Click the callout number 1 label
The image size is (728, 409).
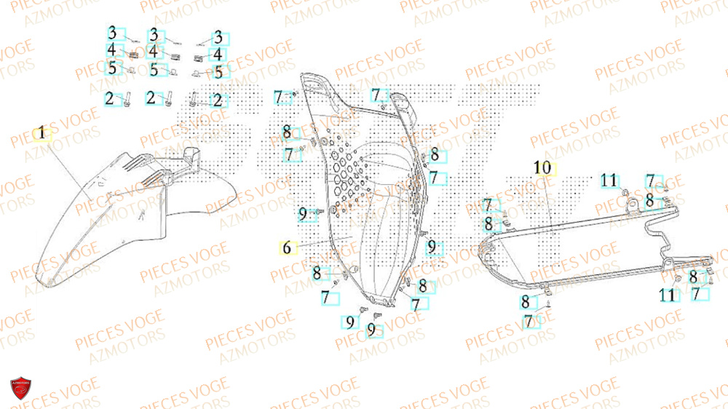tap(42, 134)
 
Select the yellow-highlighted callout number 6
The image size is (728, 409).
tap(287, 247)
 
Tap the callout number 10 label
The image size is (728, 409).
tap(542, 168)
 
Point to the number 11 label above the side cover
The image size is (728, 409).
tap(609, 180)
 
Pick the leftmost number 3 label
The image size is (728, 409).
tap(113, 33)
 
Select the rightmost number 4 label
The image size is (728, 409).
tap(217, 55)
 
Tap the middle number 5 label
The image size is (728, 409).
tap(154, 70)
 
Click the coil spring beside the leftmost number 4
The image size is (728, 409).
tap(134, 53)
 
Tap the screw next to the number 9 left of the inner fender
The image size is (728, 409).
tap(319, 213)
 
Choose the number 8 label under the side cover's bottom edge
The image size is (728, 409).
tap(526, 302)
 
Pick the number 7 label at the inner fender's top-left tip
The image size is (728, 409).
tap(279, 97)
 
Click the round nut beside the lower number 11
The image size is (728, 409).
tap(678, 280)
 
